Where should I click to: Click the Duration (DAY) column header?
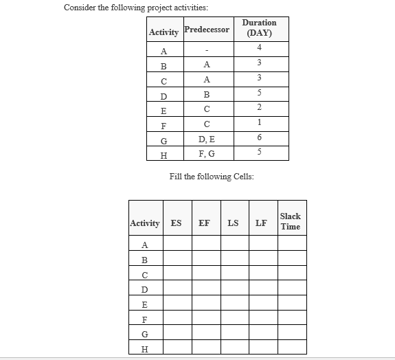click(x=259, y=27)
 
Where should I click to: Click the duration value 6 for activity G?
click(x=259, y=137)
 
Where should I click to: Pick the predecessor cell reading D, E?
click(x=207, y=140)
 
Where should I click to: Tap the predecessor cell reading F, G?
click(x=207, y=155)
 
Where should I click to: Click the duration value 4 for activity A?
click(x=259, y=47)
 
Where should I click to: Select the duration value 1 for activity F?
click(x=259, y=122)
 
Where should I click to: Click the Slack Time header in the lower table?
click(x=290, y=221)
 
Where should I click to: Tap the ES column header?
click(x=177, y=223)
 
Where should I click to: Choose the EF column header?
click(x=204, y=223)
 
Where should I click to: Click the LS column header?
click(x=233, y=223)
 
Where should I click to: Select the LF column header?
click(x=261, y=223)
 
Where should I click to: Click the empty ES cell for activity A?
click(x=177, y=245)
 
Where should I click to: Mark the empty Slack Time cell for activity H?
click(x=290, y=349)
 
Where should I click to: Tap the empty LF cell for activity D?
click(x=261, y=289)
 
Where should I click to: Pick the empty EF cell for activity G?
click(x=204, y=334)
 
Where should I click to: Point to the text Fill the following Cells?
click(x=212, y=177)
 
